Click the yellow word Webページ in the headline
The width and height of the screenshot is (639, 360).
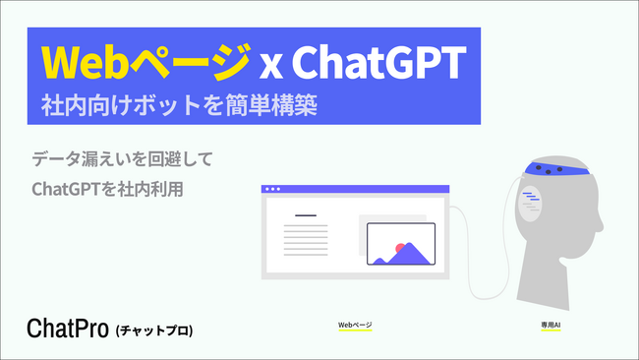[146, 64]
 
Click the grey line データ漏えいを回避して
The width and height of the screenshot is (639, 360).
[122, 158]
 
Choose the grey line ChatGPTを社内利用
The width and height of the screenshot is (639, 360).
[108, 187]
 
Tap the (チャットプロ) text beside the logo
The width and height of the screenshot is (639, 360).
[153, 330]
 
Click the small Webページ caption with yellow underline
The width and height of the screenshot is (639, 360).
[355, 324]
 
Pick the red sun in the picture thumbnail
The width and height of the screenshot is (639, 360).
[400, 248]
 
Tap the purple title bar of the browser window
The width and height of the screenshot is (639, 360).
[355, 188]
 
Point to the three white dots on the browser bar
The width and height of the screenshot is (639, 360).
[272, 188]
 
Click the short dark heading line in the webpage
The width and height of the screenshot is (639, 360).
[306, 215]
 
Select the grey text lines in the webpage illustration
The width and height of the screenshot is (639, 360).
[306, 239]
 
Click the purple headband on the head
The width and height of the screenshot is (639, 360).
[554, 170]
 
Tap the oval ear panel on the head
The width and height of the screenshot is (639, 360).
[531, 206]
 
